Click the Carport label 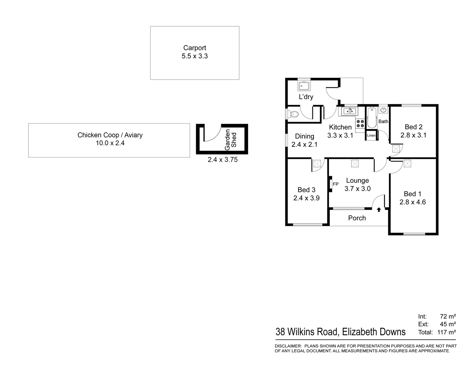[x=195, y=48]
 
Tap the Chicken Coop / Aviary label [x=110, y=135]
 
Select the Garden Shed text [x=231, y=138]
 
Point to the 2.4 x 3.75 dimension [x=222, y=160]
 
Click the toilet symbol [x=294, y=114]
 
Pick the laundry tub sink [x=303, y=86]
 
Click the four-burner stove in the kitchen [x=360, y=123]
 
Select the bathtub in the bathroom [x=371, y=117]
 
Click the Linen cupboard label [x=371, y=135]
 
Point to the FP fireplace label [x=335, y=184]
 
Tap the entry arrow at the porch [x=379, y=210]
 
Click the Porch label [x=357, y=218]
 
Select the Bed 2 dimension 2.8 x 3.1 [x=413, y=135]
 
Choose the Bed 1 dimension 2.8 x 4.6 [x=413, y=202]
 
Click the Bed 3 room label [x=306, y=190]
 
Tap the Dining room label [x=304, y=137]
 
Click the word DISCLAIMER [x=288, y=346]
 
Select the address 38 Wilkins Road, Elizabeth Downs [x=341, y=332]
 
